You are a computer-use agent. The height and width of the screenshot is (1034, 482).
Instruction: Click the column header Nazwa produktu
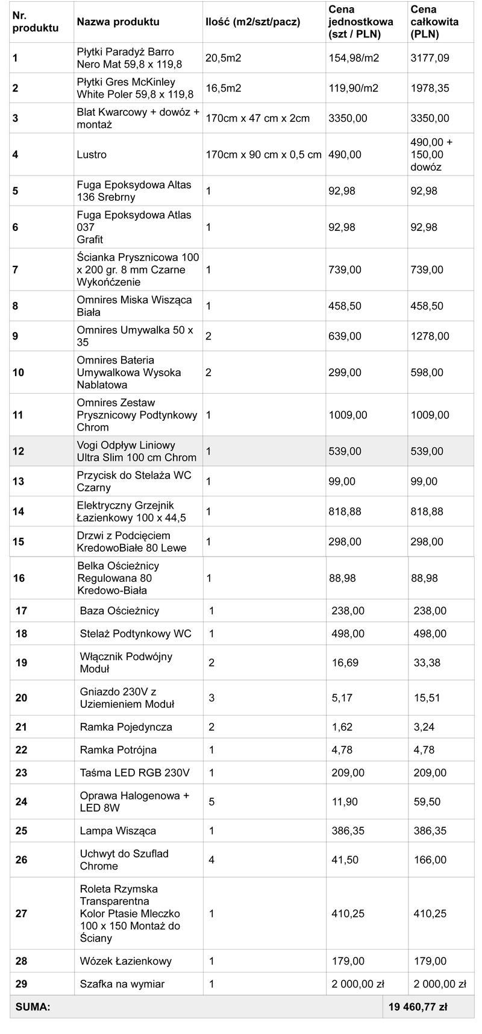[x=118, y=22]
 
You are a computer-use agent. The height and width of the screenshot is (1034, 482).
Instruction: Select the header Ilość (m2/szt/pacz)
[x=252, y=22]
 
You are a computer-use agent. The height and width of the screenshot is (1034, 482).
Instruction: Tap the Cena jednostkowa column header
[x=360, y=22]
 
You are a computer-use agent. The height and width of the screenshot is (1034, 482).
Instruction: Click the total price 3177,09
[x=430, y=58]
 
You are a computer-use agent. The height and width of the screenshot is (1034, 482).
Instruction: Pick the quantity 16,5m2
[x=223, y=88]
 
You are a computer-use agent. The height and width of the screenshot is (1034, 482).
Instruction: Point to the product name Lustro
[x=92, y=154]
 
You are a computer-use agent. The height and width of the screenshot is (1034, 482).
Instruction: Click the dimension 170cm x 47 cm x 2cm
[x=257, y=118]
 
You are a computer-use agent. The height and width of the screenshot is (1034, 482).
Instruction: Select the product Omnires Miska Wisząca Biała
[x=134, y=306]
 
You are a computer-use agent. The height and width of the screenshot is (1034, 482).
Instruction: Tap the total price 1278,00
[x=430, y=336]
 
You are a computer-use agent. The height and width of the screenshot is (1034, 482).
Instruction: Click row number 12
[x=19, y=451]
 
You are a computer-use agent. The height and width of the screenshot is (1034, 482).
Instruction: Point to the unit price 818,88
[x=345, y=511]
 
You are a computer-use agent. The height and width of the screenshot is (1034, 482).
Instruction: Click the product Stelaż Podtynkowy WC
[x=136, y=634]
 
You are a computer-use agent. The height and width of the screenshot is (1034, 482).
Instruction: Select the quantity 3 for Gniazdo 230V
[x=211, y=698]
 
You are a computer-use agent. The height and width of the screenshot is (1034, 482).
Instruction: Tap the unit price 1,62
[x=342, y=727]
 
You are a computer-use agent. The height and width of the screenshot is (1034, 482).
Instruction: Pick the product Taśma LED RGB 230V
[x=134, y=772]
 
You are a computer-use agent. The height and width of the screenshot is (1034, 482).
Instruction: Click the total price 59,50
[x=427, y=801]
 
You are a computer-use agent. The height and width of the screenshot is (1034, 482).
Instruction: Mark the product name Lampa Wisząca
[x=118, y=830]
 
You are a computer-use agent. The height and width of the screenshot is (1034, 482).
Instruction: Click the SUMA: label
[x=33, y=1006]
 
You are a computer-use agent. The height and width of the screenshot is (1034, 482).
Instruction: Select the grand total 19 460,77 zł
[x=418, y=1006]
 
